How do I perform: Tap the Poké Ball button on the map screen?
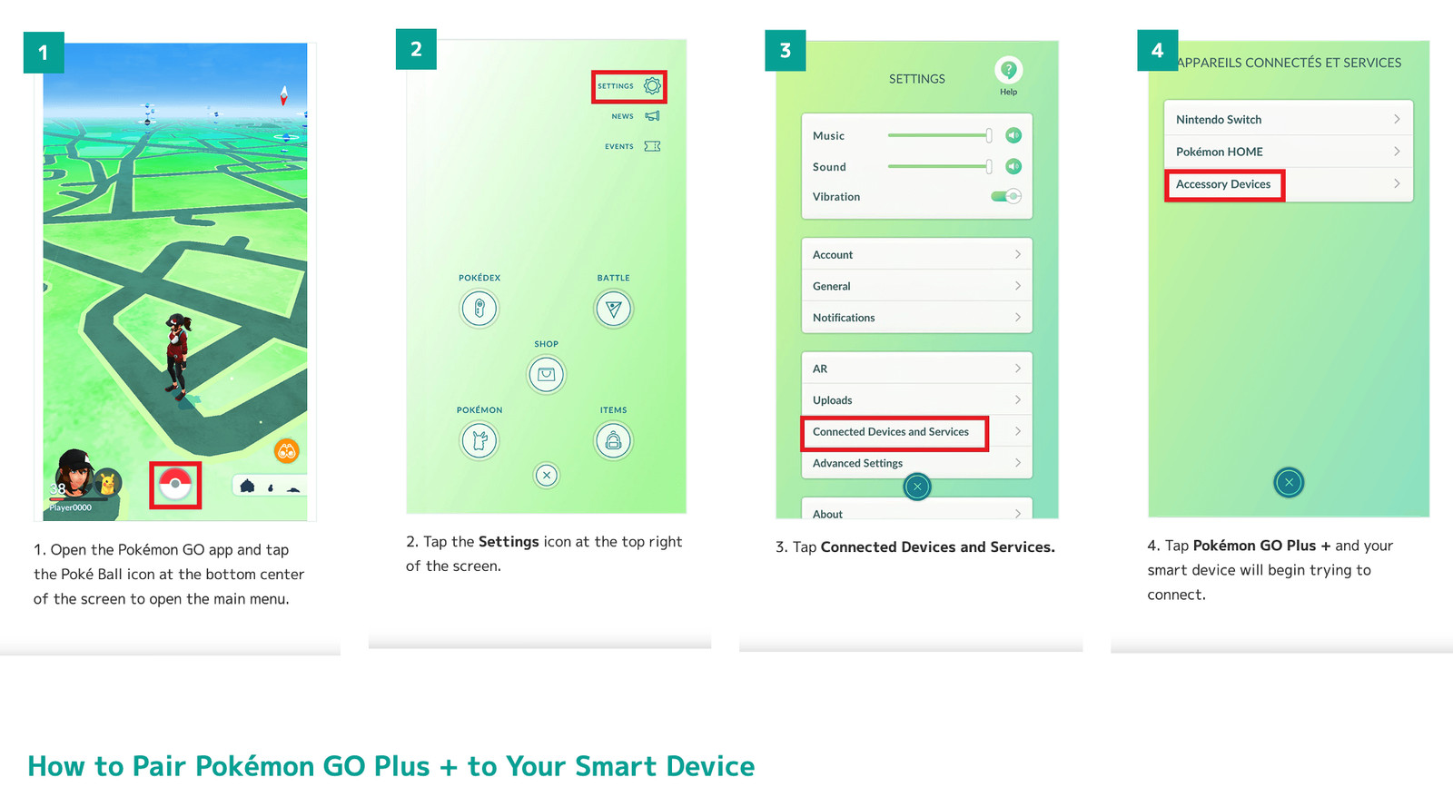pos(175,485)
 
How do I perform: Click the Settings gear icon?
pos(652,85)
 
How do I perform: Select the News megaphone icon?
pos(653,116)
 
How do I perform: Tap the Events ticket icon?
pos(653,146)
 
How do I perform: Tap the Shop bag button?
pos(546,374)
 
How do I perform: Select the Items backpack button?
pos(613,441)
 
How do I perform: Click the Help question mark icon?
pos(1008,70)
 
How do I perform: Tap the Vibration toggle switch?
pos(1006,196)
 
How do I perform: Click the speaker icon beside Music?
pos(1013,135)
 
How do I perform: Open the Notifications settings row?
pos(916,317)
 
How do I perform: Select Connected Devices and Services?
pos(891,432)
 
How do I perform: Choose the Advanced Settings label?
pos(857,463)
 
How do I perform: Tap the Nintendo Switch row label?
pos(1218,119)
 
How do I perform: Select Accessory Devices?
pos(1222,184)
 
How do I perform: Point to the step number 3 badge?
pos(785,50)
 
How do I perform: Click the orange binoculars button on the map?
pos(287,451)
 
